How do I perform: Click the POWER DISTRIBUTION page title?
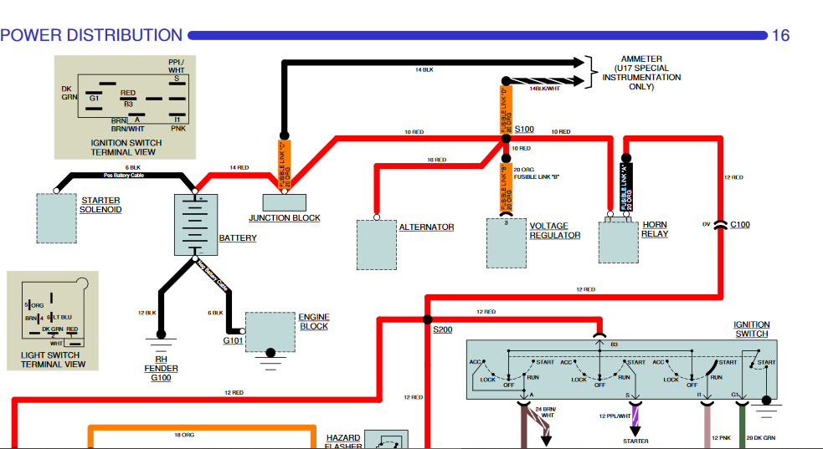91,35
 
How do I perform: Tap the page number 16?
780,35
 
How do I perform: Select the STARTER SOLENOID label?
100,205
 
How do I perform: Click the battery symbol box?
195,224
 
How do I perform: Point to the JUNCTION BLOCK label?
285,218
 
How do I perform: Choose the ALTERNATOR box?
376,245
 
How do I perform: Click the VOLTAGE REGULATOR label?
554,231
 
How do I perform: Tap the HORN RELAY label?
655,230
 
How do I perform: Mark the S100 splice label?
524,129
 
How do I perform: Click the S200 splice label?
442,330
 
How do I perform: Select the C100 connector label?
740,224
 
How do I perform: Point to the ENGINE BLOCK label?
314,322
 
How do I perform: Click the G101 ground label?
232,341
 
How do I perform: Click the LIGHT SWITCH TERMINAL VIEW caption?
53,359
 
